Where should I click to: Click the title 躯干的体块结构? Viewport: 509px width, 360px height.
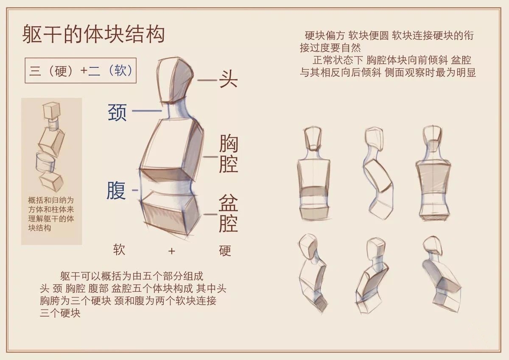(x=93, y=34)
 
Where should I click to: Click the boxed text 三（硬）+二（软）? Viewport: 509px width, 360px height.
(x=81, y=70)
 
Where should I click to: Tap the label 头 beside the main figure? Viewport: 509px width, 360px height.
(x=228, y=79)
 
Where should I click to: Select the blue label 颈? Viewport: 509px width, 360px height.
(x=117, y=112)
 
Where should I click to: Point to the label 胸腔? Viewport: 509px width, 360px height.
(x=228, y=153)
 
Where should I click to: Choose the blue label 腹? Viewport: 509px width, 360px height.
(x=116, y=190)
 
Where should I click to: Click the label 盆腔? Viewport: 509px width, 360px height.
(x=228, y=213)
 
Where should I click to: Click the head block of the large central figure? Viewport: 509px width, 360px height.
(x=174, y=80)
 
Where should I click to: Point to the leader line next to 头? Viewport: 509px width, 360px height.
(x=207, y=80)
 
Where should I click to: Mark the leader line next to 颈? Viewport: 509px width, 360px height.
(x=147, y=111)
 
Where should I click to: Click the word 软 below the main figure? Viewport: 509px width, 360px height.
(x=119, y=250)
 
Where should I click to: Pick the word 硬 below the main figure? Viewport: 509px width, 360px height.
(x=225, y=251)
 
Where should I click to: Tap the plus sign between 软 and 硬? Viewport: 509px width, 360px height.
(x=171, y=251)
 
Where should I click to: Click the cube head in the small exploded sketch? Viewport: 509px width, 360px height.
(x=51, y=111)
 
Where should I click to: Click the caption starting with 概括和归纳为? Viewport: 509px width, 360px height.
(x=51, y=214)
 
